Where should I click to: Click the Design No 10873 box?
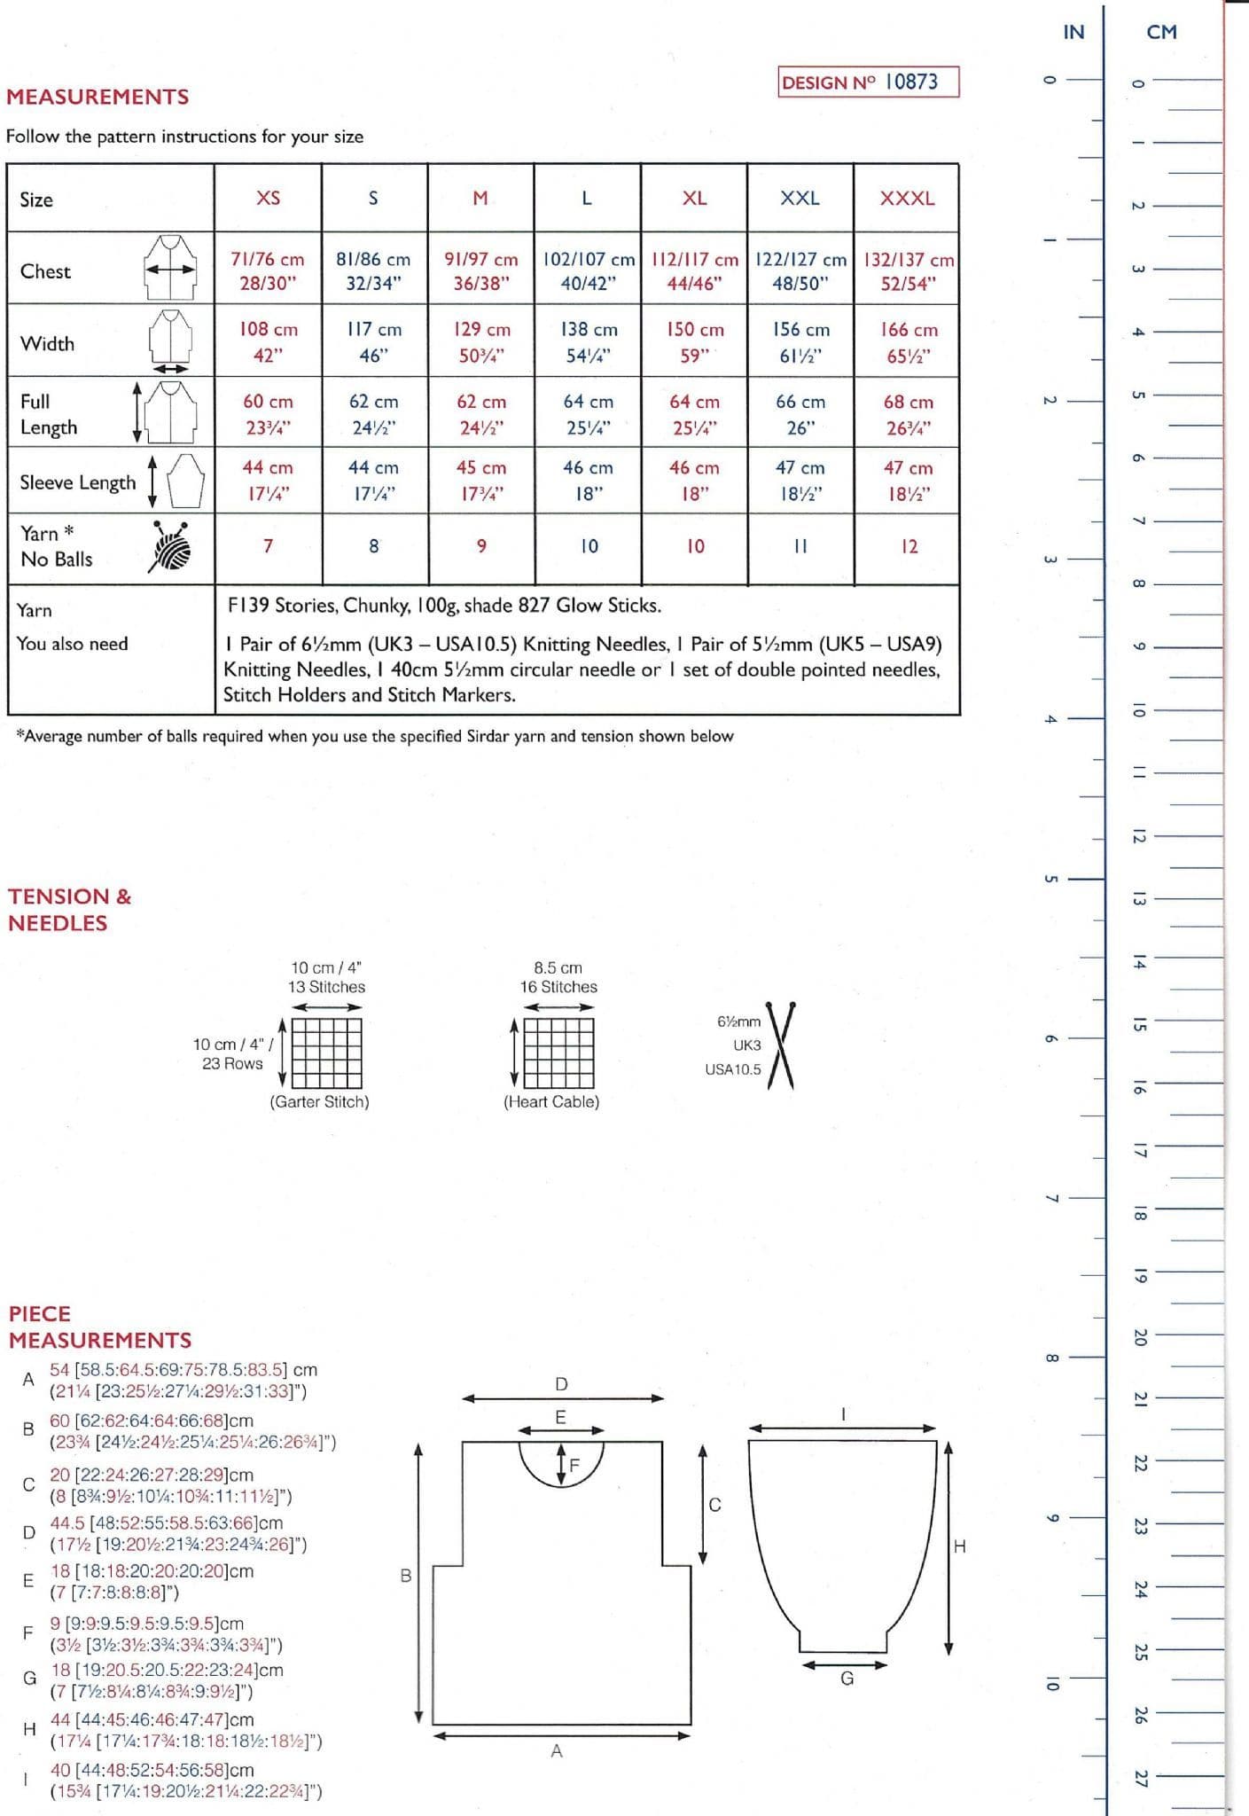coord(868,82)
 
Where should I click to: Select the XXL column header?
coord(800,198)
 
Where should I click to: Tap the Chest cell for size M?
coord(480,270)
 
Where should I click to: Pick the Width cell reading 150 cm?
coord(695,342)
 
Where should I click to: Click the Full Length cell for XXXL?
coord(908,414)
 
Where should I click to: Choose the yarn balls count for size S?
coord(374,546)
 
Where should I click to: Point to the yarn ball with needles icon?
coord(171,545)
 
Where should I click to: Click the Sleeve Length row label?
coord(78,482)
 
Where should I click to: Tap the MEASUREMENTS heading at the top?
coord(98,97)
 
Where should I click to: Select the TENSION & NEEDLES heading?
coord(69,910)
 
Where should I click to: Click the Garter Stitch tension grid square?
coord(326,1053)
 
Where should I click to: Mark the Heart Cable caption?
coord(551,1102)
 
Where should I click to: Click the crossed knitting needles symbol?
coord(780,1045)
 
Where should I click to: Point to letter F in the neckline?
coord(574,1465)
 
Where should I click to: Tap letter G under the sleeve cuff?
coord(847,1679)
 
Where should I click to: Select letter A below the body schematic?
coord(557,1751)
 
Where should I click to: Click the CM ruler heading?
coord(1161,32)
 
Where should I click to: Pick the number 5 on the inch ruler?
coord(1050,879)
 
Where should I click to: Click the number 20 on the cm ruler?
coord(1140,1337)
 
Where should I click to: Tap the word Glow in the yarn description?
coord(577,606)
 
